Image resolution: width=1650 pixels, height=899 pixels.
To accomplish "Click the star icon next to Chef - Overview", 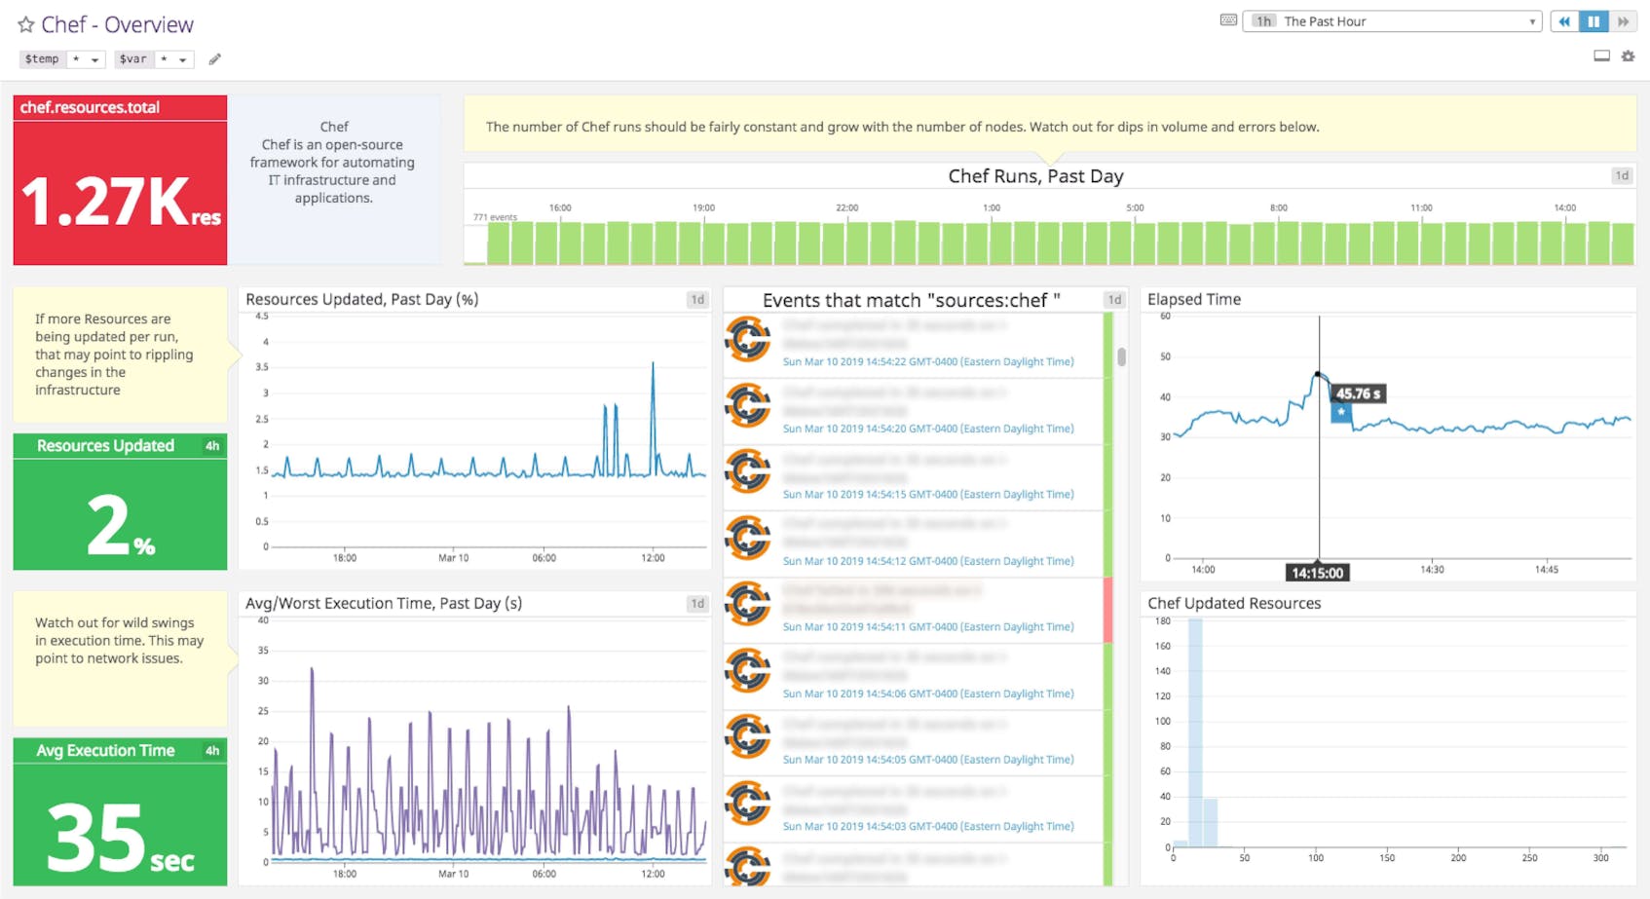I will point(26,25).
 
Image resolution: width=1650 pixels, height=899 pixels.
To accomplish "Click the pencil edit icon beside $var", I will point(215,59).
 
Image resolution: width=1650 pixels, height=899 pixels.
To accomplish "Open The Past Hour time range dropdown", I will point(1392,21).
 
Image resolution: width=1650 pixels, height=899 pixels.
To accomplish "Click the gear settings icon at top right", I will point(1628,56).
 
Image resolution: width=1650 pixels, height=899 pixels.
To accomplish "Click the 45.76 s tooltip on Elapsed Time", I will point(1358,393).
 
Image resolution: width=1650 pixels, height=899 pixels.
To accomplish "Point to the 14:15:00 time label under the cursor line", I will point(1317,573).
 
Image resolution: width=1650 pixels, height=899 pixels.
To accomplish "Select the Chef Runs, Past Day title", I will point(1035,176).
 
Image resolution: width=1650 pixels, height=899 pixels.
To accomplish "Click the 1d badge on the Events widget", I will point(1114,300).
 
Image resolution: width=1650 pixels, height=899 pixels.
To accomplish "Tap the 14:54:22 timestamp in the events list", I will point(927,361).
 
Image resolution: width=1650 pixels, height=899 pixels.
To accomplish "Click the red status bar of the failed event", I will point(1107,610).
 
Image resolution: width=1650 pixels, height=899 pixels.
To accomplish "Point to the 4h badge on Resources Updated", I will point(212,446).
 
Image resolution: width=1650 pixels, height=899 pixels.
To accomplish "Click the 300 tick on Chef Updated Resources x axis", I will point(1600,858).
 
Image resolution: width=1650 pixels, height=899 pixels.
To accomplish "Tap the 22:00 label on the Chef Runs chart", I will point(846,207).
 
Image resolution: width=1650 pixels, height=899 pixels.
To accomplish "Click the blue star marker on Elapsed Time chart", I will point(1341,412).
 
